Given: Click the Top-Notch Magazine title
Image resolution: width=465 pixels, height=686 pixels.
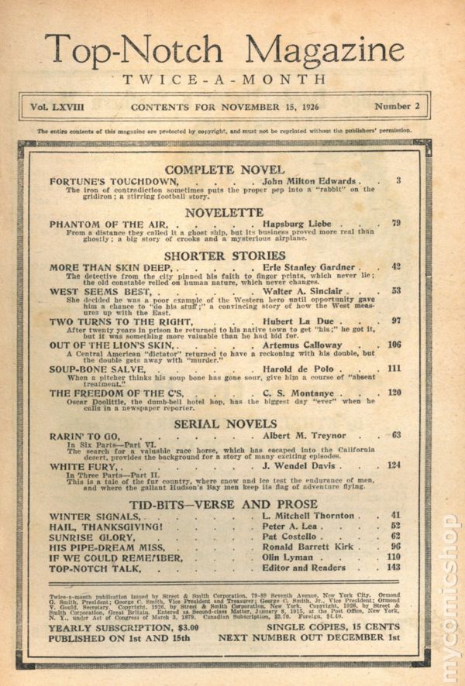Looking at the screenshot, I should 224,50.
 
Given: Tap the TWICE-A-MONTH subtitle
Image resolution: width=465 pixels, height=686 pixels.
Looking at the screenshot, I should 224,80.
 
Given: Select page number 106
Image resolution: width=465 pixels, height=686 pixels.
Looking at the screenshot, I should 394,344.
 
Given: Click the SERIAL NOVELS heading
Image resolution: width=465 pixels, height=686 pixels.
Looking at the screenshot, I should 225,424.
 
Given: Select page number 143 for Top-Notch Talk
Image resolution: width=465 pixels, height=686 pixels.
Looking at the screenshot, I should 394,568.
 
